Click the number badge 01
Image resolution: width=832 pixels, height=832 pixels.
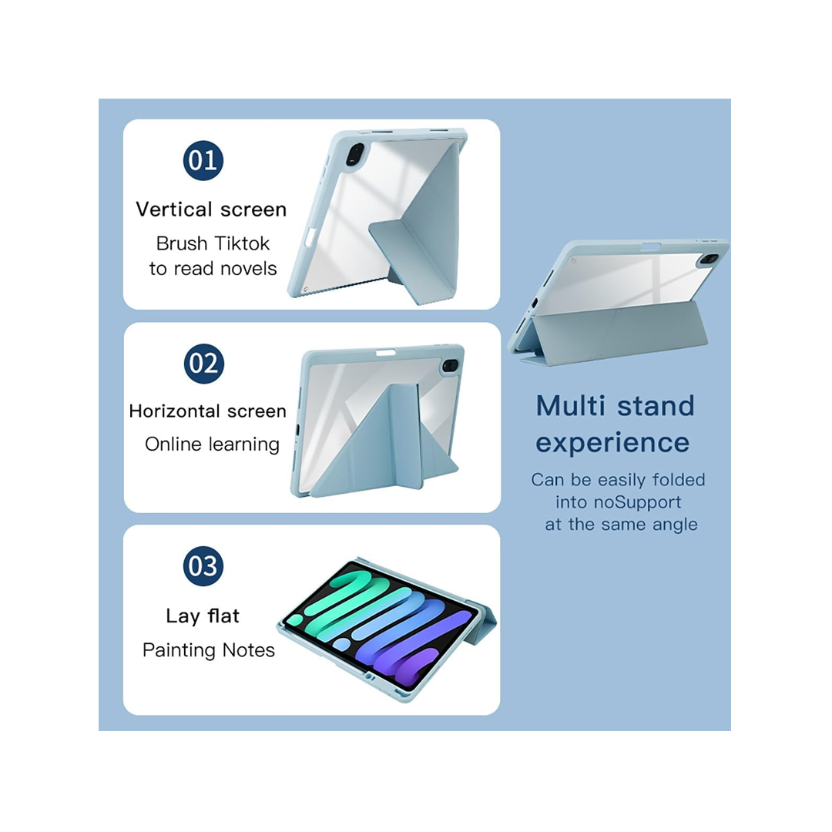203,160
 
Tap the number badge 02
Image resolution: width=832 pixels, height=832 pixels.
203,364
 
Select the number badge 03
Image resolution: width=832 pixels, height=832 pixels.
203,566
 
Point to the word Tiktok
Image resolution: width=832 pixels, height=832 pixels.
241,243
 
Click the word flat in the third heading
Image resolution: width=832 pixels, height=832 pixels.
223,616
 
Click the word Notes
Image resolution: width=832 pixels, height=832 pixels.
248,650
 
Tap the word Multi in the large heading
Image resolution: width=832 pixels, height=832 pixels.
570,406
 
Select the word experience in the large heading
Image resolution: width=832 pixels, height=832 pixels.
612,442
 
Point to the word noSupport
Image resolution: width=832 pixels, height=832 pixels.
637,502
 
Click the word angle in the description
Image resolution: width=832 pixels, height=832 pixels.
674,525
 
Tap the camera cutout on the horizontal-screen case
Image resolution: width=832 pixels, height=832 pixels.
450,366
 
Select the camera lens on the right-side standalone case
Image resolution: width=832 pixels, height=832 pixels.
710,260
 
